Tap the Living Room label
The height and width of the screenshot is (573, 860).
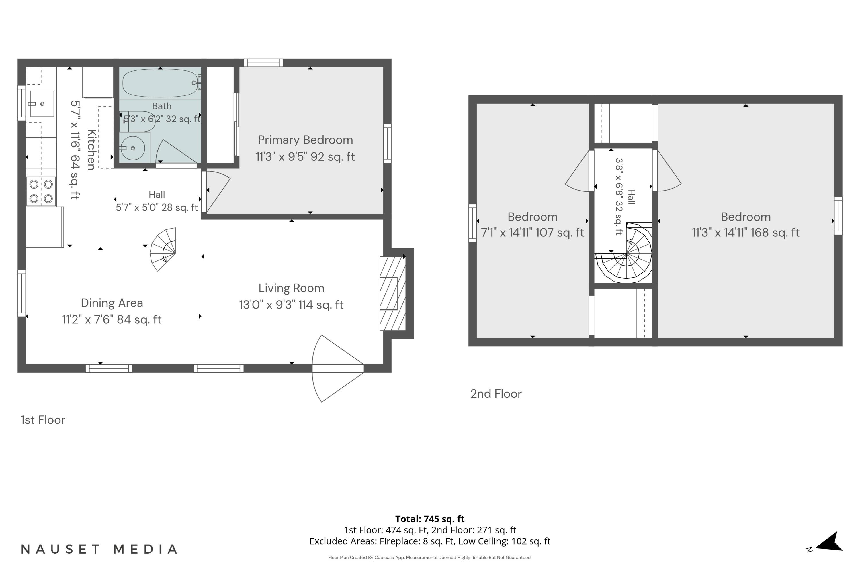292,288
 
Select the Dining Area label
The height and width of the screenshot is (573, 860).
112,303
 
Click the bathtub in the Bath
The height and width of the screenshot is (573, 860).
161,83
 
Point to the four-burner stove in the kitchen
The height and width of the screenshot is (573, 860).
41,191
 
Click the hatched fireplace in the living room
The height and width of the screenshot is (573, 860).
393,293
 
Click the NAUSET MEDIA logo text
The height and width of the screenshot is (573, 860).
99,549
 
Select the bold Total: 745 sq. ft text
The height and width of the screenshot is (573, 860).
430,519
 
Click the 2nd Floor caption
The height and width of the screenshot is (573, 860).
496,394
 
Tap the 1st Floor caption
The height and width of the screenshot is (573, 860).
43,420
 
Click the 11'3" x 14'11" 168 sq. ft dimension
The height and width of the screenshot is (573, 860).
746,232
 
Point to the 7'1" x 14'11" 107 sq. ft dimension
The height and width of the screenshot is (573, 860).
532,232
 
